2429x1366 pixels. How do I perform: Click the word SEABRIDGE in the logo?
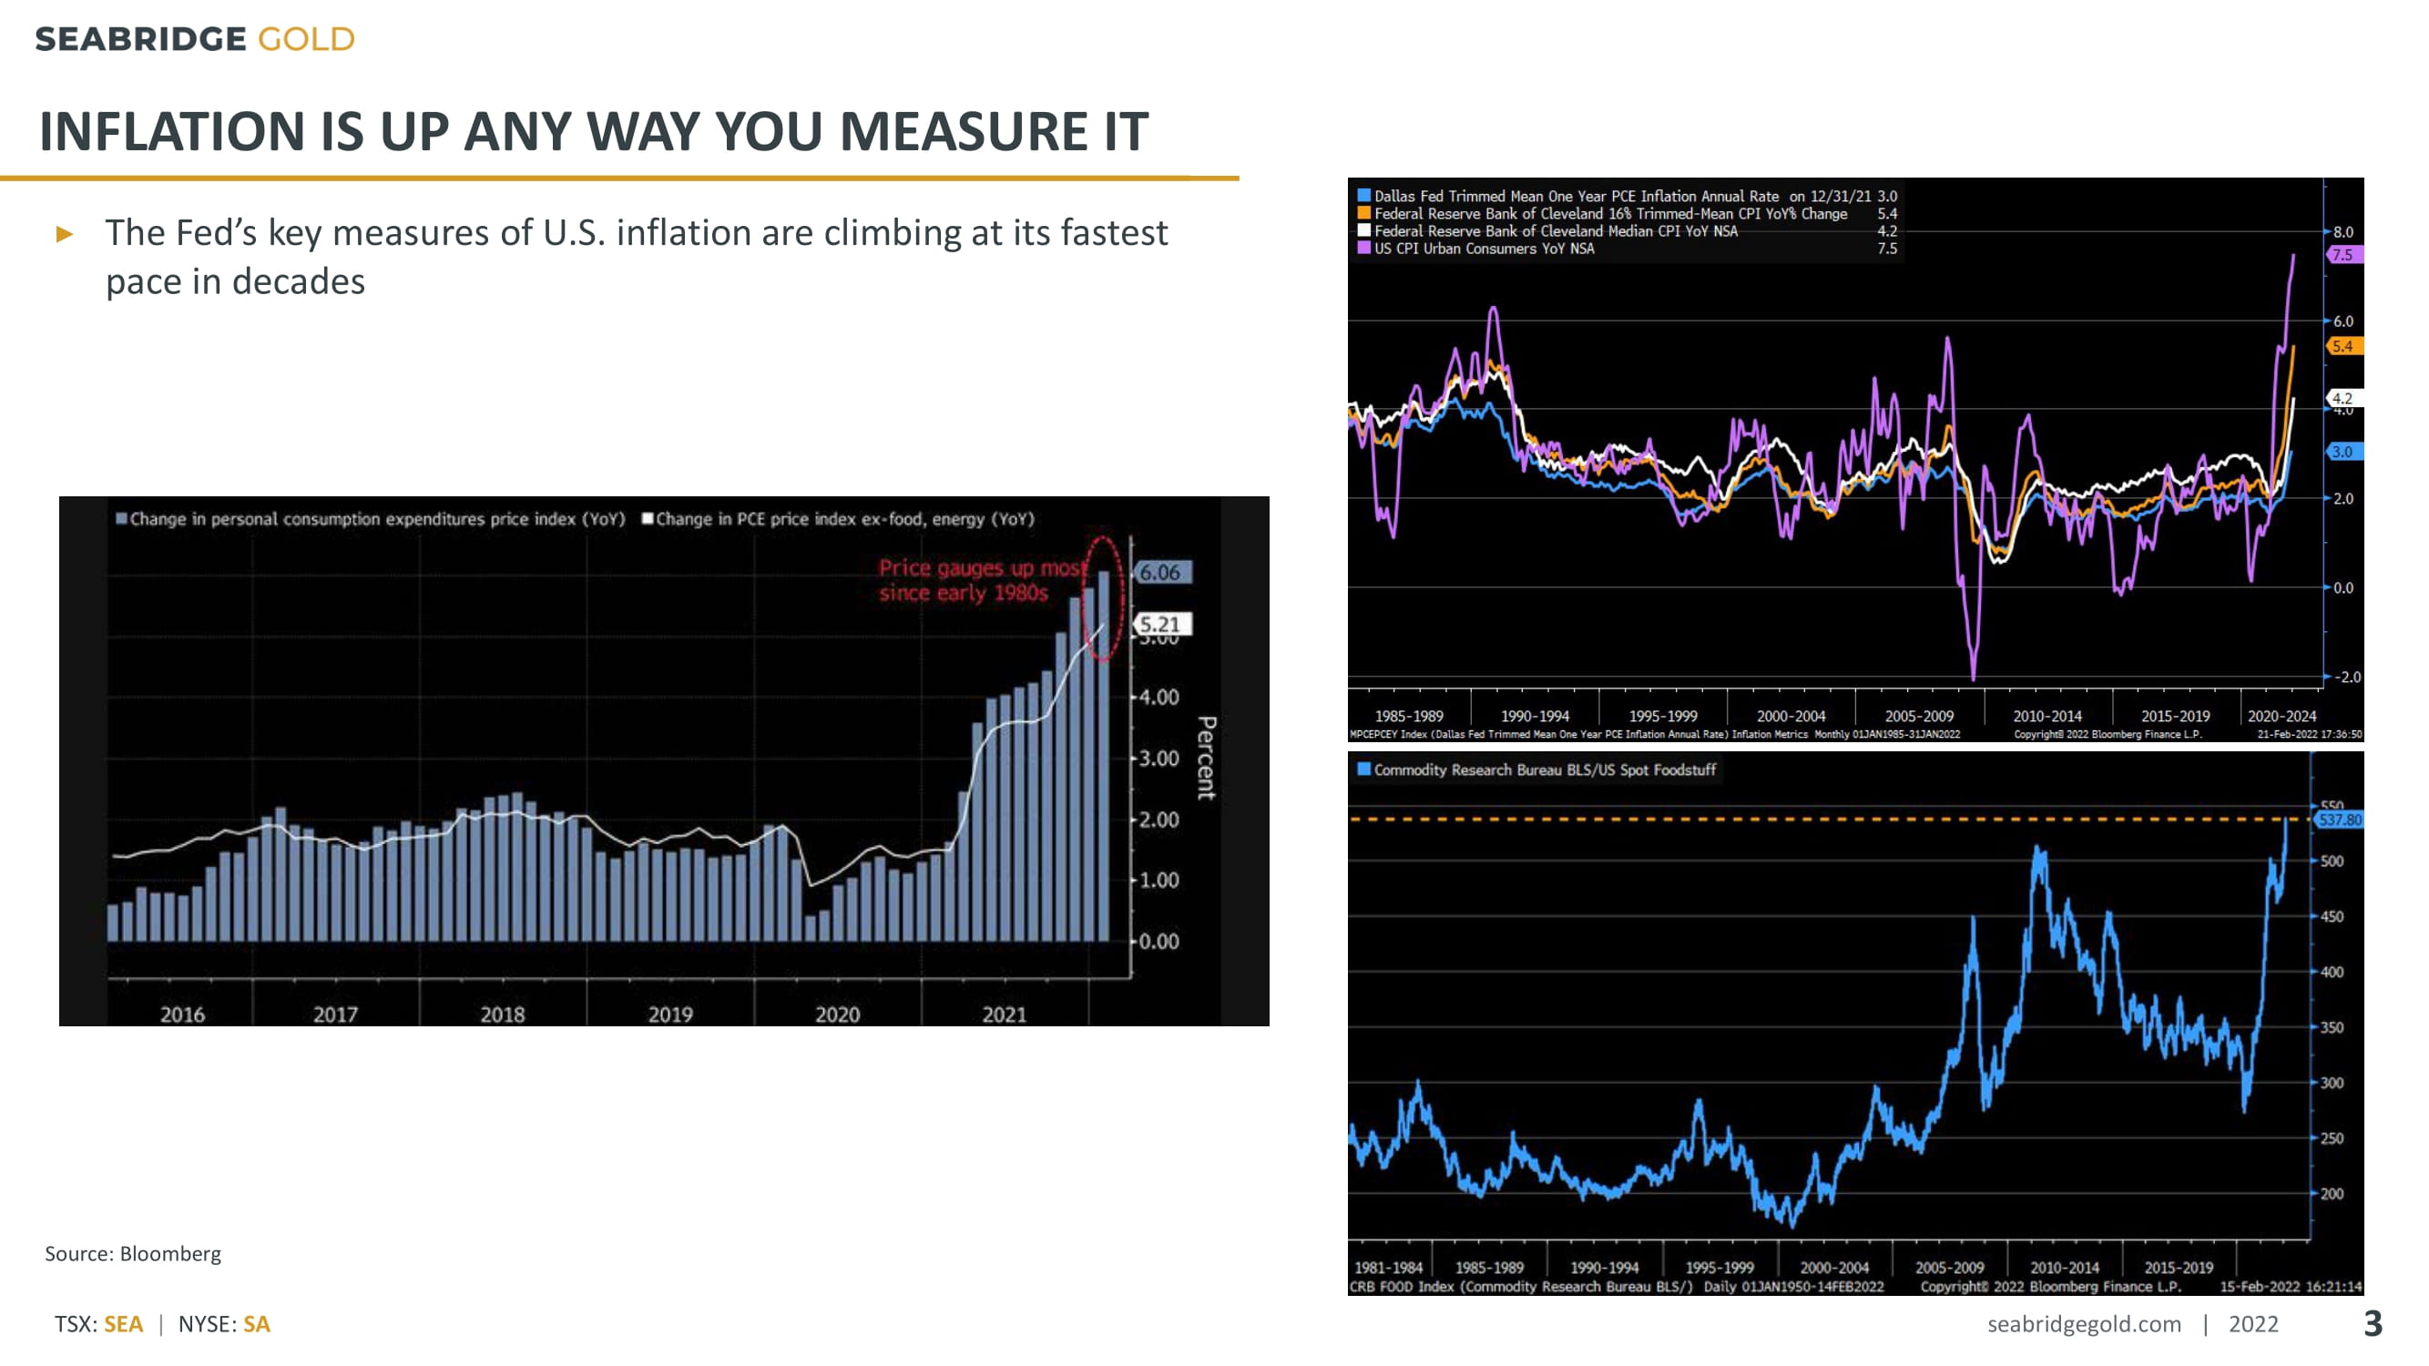point(140,39)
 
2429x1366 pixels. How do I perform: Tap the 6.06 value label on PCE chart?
point(1160,572)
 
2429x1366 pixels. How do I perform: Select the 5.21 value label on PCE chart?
point(1160,624)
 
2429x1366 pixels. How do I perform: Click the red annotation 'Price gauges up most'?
point(982,567)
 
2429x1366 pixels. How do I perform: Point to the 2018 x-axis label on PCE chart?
point(502,1014)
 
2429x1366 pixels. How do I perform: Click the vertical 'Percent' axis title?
point(1206,758)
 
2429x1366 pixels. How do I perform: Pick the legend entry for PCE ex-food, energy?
point(838,519)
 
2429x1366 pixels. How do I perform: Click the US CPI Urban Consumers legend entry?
point(1483,249)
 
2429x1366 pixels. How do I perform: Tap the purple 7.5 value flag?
point(2343,255)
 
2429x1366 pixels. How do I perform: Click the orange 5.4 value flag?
point(2343,346)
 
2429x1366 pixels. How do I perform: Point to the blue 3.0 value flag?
point(2343,452)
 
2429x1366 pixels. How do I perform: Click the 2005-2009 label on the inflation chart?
point(1919,717)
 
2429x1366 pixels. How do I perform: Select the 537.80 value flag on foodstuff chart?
point(2340,821)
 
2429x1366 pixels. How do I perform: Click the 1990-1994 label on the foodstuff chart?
point(1604,1268)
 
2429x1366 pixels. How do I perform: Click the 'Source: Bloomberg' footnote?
point(133,1254)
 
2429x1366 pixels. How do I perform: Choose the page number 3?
point(2373,1323)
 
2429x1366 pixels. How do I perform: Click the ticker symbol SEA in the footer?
point(124,1324)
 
